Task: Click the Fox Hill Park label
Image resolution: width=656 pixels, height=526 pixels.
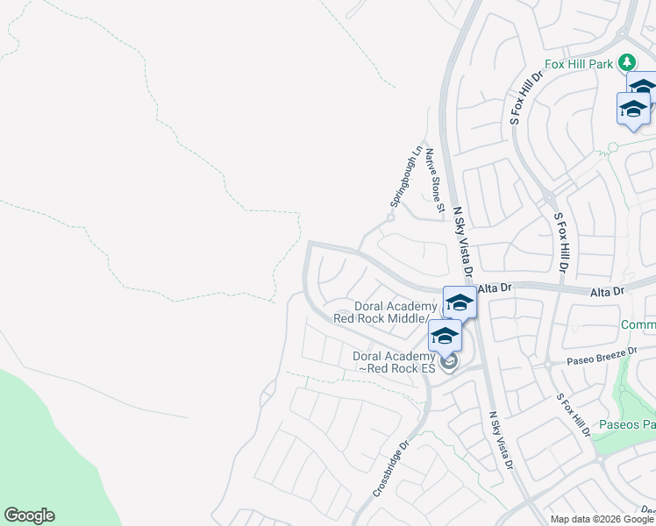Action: pyautogui.click(x=579, y=63)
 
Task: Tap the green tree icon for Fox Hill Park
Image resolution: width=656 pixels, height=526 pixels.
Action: pyautogui.click(x=626, y=62)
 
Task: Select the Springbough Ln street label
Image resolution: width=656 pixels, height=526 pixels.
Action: pyautogui.click(x=405, y=176)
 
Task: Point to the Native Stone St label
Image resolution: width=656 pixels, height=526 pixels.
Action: pyautogui.click(x=434, y=182)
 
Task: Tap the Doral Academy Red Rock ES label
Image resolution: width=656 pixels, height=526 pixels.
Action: pyautogui.click(x=393, y=362)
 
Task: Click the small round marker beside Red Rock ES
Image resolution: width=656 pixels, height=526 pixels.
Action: pyautogui.click(x=449, y=362)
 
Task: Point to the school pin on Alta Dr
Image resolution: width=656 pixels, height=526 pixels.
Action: pyautogui.click(x=460, y=302)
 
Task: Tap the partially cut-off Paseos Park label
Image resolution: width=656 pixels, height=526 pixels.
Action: pyautogui.click(x=628, y=425)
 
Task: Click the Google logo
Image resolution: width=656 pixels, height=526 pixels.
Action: pyautogui.click(x=29, y=515)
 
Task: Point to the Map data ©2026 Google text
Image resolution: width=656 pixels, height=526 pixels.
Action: pyautogui.click(x=602, y=519)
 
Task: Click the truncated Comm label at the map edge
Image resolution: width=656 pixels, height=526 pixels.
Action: pyautogui.click(x=638, y=325)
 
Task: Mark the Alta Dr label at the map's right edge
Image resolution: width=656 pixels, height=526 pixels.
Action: pyautogui.click(x=607, y=290)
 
